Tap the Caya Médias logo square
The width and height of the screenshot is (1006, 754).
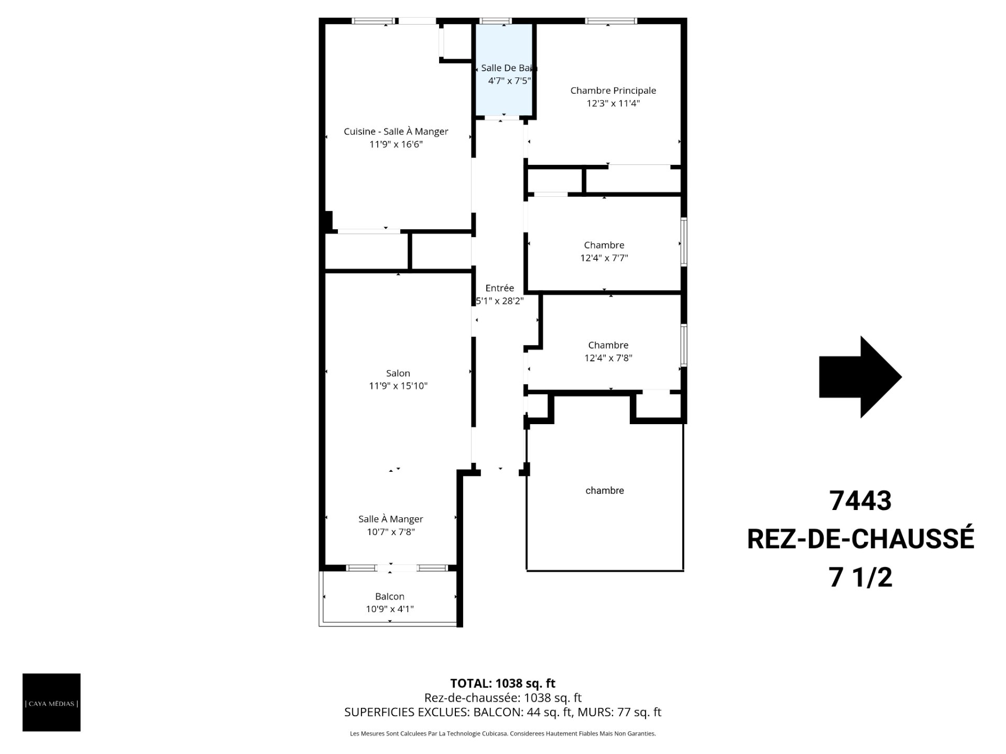click(x=51, y=702)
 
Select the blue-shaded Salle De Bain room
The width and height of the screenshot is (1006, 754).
click(x=504, y=69)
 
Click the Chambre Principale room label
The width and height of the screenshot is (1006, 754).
click(x=613, y=91)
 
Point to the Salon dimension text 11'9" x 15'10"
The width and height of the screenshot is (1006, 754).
click(x=398, y=386)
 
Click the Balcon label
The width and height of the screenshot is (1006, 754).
click(x=390, y=596)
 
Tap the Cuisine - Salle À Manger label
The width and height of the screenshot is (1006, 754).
click(x=396, y=131)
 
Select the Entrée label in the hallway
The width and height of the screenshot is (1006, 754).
click(x=500, y=288)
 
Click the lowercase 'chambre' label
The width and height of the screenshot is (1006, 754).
click(x=605, y=491)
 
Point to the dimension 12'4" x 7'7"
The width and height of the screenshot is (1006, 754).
click(x=604, y=258)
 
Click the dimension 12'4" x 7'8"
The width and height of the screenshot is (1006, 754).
click(x=608, y=358)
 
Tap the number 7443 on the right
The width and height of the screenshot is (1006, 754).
click(x=860, y=501)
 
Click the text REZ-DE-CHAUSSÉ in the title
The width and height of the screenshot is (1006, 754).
click(x=860, y=539)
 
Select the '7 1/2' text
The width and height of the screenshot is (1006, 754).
click(x=860, y=578)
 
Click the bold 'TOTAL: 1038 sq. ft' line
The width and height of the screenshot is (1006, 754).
click(x=503, y=683)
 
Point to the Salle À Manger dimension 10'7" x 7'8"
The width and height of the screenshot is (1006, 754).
click(x=391, y=532)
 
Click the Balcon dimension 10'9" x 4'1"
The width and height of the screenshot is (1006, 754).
click(x=390, y=609)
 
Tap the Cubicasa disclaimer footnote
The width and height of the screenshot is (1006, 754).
click(x=503, y=734)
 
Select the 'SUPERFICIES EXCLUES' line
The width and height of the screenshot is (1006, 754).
click(x=503, y=712)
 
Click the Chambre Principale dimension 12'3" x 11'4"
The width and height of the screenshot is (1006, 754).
click(x=613, y=103)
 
